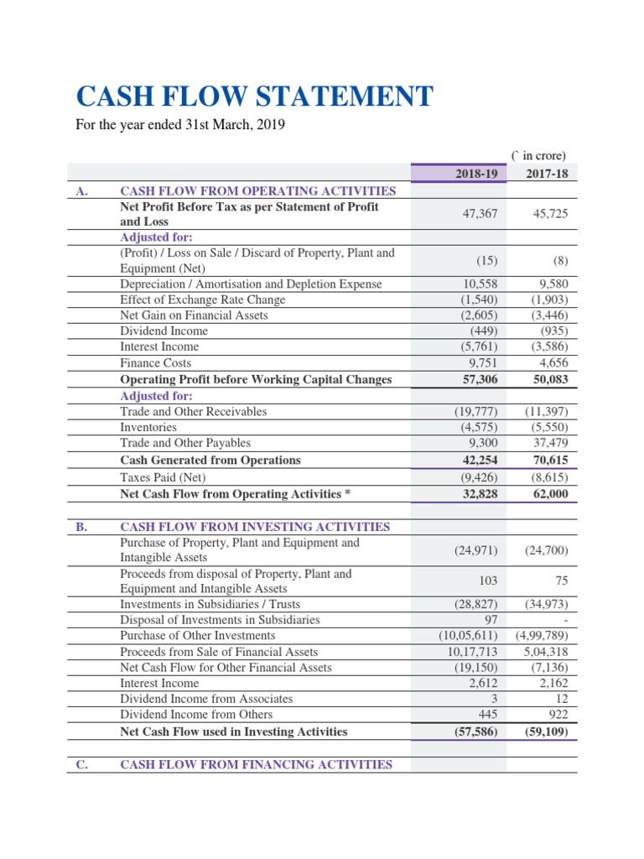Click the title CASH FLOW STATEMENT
(x=255, y=96)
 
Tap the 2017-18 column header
(x=546, y=173)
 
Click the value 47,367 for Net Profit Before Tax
(x=480, y=214)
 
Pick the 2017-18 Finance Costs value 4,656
(x=550, y=363)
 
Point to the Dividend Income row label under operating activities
(x=164, y=331)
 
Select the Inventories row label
(x=148, y=427)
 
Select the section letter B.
(x=81, y=527)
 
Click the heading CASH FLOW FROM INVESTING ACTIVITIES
(x=256, y=527)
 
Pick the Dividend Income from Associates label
(x=206, y=698)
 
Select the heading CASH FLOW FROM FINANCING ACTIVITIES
(x=256, y=764)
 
